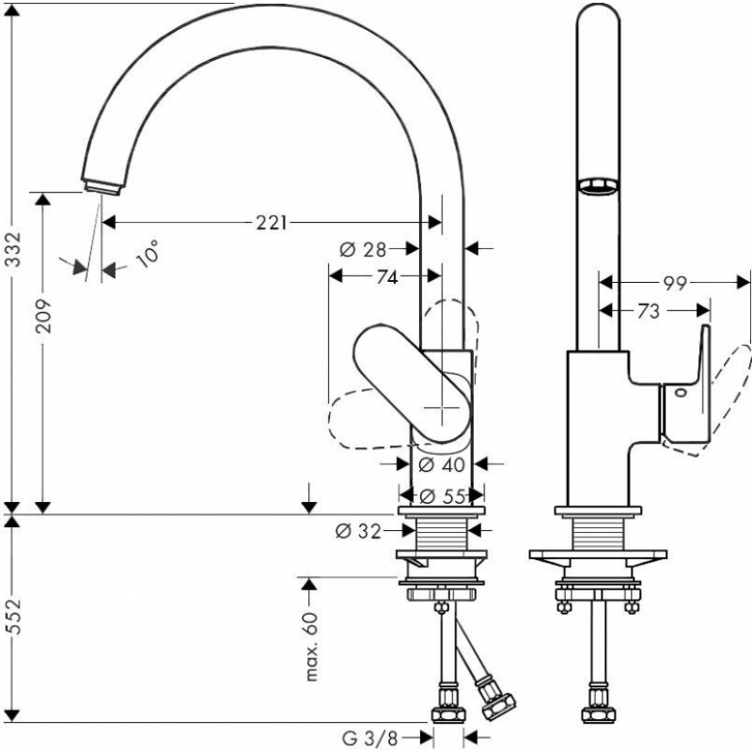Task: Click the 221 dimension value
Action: point(272,223)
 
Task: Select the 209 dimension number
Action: point(43,317)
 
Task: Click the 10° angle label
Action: point(148,253)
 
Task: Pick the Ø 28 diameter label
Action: point(363,249)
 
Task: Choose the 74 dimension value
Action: point(387,276)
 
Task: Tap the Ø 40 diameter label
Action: point(442,464)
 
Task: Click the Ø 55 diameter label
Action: point(442,496)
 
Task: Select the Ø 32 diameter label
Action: point(358,531)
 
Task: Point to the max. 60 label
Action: point(312,646)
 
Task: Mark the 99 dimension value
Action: point(675,284)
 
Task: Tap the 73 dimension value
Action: point(649,312)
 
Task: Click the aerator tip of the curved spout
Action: point(102,186)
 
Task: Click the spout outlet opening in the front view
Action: point(597,186)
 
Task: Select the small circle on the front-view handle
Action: point(681,393)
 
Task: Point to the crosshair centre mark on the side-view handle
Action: point(442,409)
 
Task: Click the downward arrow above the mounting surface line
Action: point(309,499)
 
